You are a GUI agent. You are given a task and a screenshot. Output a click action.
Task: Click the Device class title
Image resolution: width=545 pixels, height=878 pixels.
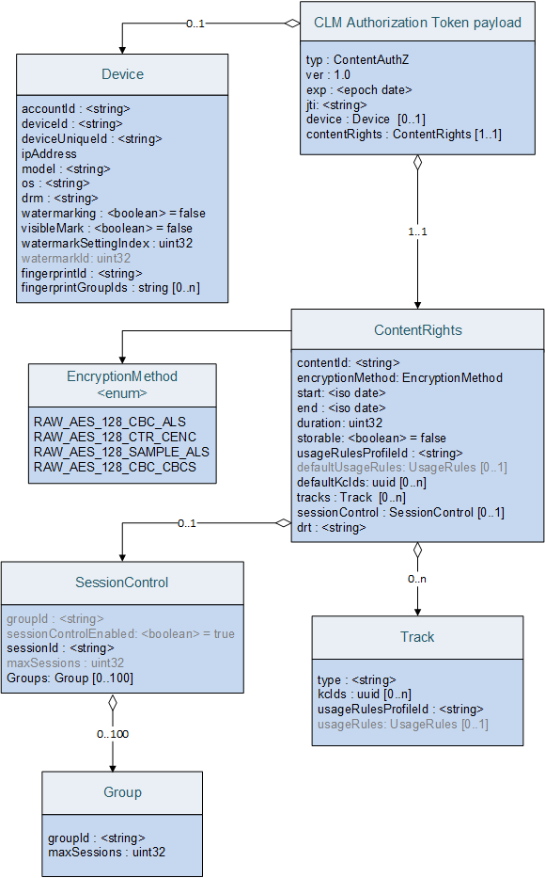122,74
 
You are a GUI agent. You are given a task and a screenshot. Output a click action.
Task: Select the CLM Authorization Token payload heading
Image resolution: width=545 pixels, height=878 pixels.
417,23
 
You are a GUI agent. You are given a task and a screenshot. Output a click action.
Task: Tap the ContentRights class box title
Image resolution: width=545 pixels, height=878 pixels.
417,330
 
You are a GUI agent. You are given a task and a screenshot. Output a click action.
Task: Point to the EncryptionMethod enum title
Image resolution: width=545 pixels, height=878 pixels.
122,384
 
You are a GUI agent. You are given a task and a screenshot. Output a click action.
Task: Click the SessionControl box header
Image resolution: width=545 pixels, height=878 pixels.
122,583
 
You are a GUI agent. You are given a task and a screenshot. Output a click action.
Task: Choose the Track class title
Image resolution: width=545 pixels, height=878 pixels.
417,637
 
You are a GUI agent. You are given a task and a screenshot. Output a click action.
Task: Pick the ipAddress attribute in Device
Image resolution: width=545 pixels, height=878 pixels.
49,153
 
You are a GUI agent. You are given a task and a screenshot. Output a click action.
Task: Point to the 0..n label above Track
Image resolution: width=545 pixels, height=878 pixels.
417,579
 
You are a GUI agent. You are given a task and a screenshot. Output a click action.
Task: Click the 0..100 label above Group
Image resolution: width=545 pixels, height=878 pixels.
113,733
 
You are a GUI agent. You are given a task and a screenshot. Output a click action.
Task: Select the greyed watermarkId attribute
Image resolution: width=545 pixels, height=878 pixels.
76,258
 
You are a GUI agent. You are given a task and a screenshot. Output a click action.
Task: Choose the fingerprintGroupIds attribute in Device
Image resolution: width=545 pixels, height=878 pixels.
111,288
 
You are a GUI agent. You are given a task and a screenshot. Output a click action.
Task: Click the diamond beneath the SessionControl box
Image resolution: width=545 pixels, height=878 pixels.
113,701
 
